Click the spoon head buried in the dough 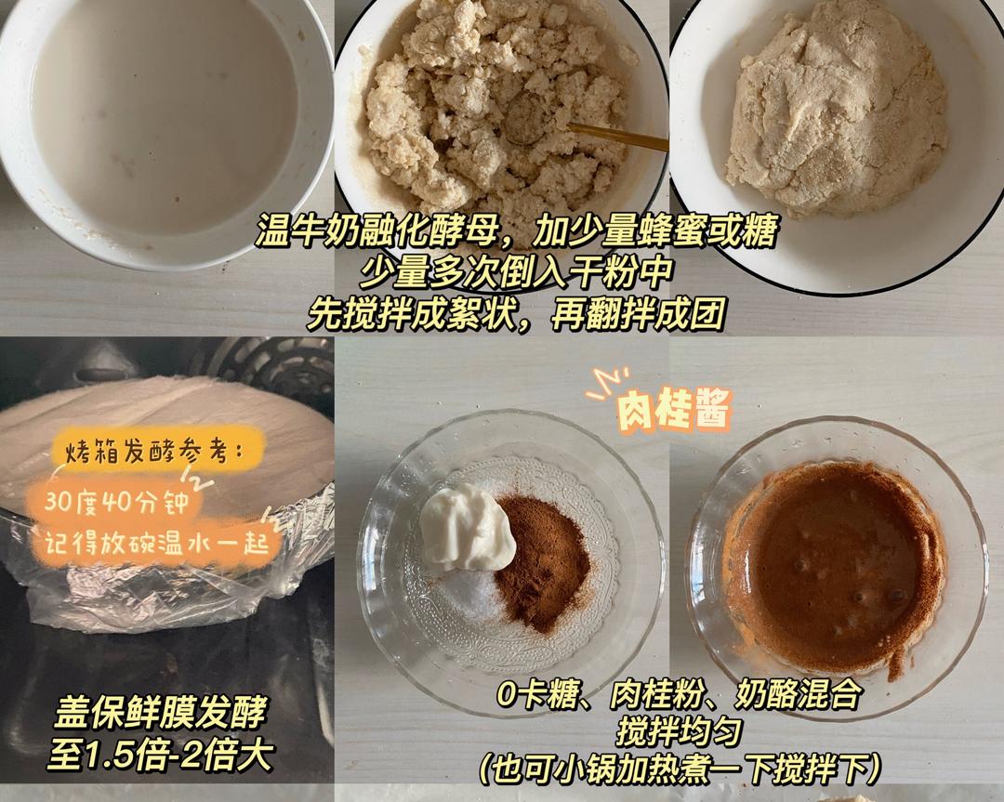coord(526,118)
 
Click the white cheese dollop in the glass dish coord(468,525)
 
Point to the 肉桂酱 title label coord(673,407)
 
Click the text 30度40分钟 coord(116,501)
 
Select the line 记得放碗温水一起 coord(156,544)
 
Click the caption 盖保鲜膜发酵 coord(159,713)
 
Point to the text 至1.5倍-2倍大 coord(160,755)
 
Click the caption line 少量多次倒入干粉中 coord(515,271)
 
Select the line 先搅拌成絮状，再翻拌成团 coord(515,313)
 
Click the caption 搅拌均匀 coord(679,731)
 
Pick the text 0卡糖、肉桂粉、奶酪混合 coord(680,693)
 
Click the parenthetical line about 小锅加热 coord(680,769)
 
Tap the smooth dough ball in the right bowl coord(837,109)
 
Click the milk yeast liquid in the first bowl coord(164,115)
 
